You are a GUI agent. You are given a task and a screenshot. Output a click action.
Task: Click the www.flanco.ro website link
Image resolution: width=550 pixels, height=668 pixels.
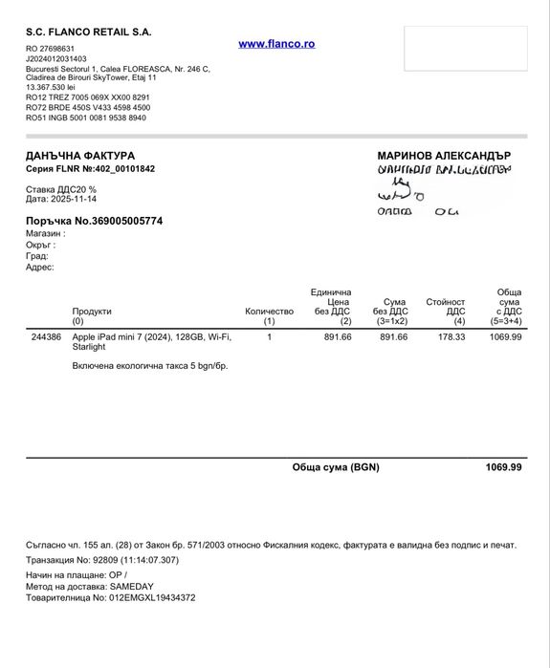pos(276,44)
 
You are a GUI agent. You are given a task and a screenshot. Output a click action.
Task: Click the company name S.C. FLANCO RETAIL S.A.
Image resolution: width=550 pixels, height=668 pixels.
pos(89,32)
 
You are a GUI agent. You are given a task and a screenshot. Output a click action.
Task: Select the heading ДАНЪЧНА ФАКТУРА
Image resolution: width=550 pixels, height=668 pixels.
pos(80,155)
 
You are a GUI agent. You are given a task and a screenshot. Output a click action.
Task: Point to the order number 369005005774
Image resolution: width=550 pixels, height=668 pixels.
pos(118,221)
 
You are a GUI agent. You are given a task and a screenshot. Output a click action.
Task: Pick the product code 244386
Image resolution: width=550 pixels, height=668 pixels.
pos(46,337)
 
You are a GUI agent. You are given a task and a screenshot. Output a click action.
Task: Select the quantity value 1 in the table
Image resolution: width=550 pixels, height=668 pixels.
pos(269,337)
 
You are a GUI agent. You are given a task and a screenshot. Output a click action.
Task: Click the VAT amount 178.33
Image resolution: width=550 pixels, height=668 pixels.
pos(451,337)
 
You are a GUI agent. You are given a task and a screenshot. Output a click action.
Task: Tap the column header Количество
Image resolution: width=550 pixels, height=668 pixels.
pos(269,311)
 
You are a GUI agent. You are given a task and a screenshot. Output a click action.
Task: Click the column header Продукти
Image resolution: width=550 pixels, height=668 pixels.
pos(92,311)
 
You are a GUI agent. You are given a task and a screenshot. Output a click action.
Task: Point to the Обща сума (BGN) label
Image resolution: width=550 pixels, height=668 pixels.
pos(336,467)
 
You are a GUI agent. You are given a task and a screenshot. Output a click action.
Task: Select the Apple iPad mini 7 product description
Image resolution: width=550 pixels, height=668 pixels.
pos(151,342)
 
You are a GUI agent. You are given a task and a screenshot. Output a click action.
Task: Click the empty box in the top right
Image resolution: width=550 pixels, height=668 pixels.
pos(464,49)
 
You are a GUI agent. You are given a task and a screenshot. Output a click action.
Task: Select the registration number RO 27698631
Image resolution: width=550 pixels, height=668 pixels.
pos(50,48)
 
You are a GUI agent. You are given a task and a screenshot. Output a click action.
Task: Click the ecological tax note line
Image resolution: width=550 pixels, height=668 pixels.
pos(150,365)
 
